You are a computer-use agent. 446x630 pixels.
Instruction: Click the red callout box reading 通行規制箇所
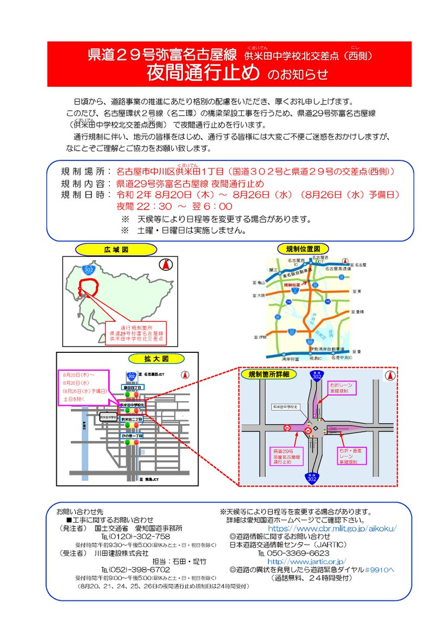pyautogui.click(x=136, y=333)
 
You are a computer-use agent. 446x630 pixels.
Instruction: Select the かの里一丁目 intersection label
pyautogui.click(x=132, y=436)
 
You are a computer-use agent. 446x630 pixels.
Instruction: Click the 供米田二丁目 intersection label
pyautogui.click(x=132, y=420)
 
